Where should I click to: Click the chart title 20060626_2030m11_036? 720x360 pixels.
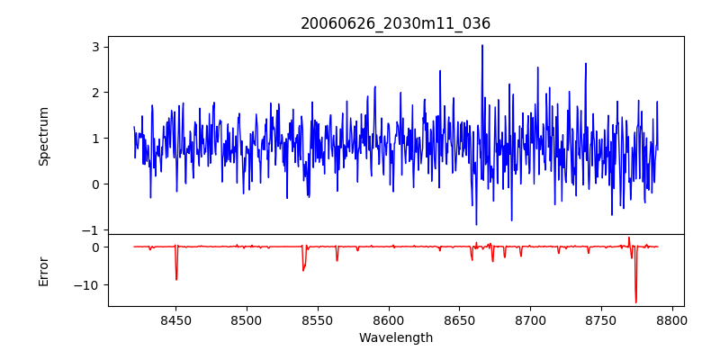[x=395, y=24]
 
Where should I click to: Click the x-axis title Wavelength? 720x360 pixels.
[x=395, y=338]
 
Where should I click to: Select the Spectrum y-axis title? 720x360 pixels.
[x=44, y=136]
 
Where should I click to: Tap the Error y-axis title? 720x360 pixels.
[x=44, y=271]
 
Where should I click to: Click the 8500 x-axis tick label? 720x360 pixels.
[x=246, y=320]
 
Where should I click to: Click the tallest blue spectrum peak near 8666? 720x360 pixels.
[x=482, y=45]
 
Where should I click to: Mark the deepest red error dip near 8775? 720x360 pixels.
[x=635, y=302]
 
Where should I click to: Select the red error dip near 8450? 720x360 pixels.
[x=176, y=279]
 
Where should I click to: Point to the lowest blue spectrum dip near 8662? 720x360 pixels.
[x=476, y=224]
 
